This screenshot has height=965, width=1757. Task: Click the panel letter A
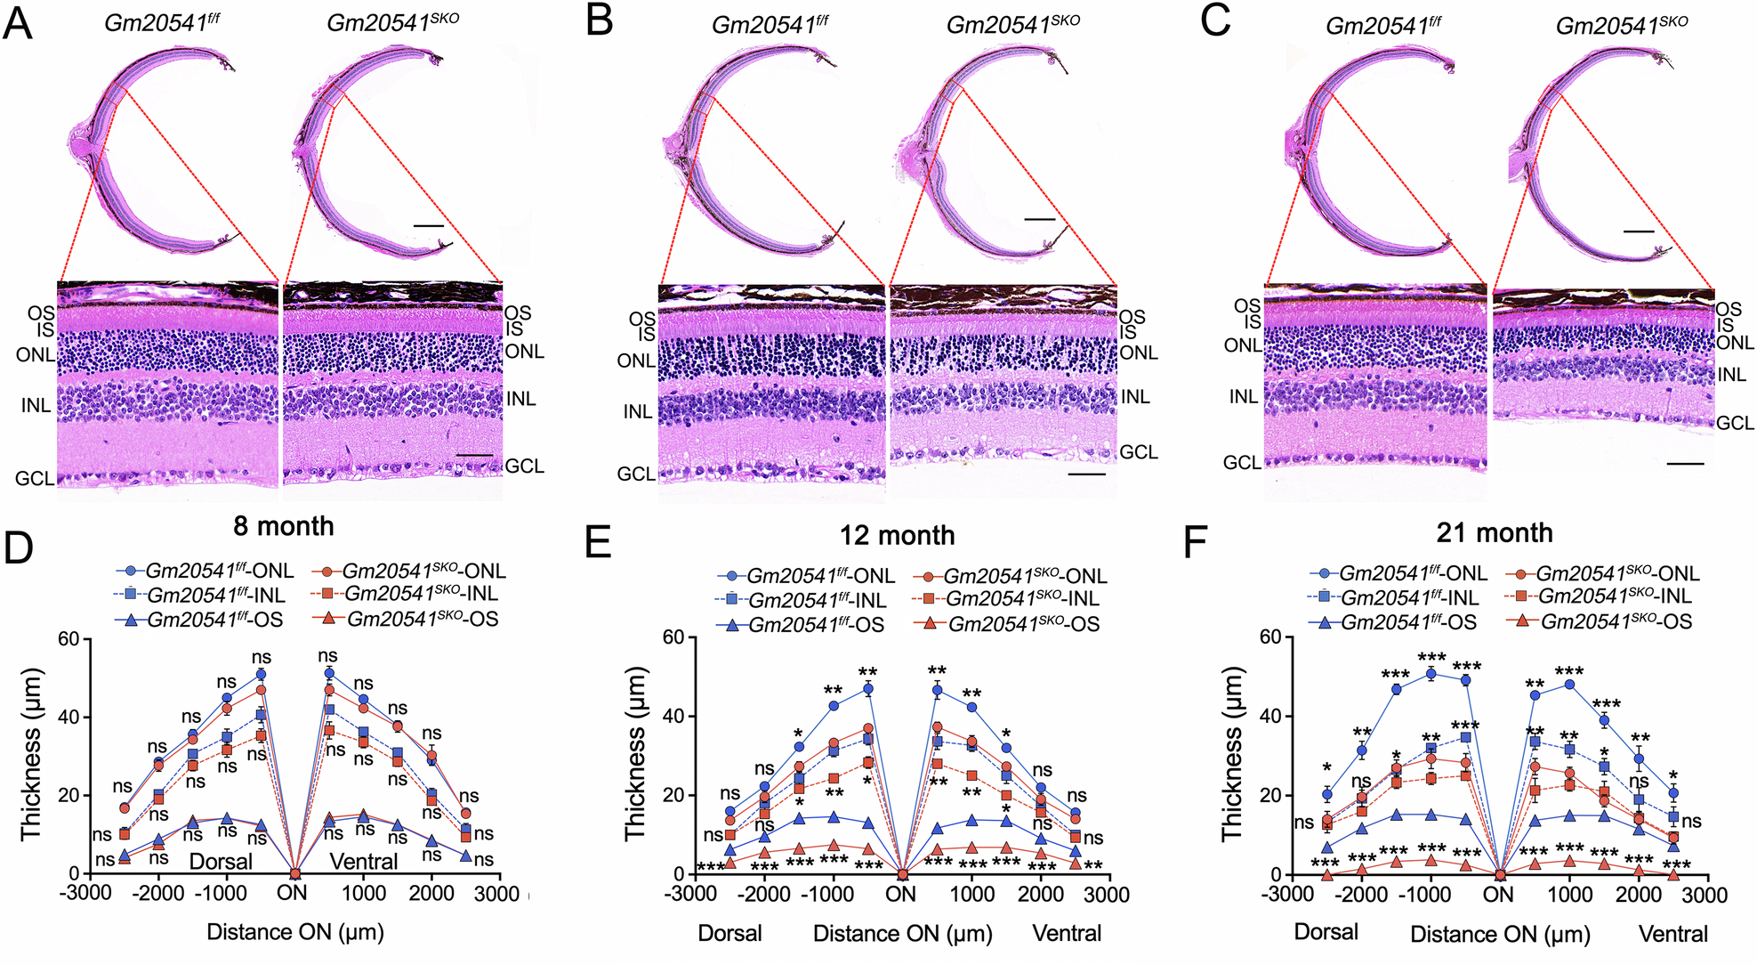click(x=18, y=23)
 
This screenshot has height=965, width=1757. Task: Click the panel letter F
click(x=1197, y=543)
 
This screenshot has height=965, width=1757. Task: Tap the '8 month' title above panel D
click(x=283, y=526)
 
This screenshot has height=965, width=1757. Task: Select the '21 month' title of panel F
click(x=1494, y=532)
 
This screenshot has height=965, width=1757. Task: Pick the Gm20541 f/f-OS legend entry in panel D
click(x=200, y=620)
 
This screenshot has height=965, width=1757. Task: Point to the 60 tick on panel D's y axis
click(x=69, y=638)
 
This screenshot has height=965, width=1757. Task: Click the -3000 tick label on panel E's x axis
click(x=692, y=893)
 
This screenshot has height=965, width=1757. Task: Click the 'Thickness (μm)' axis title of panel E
click(x=634, y=755)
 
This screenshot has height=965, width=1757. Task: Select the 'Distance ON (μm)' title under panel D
click(x=295, y=932)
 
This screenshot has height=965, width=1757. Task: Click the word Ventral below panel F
click(x=1673, y=934)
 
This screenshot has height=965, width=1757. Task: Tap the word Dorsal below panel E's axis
click(x=729, y=933)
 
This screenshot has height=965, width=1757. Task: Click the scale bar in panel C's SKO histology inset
click(x=1685, y=464)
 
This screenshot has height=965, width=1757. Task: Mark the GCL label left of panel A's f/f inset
click(x=34, y=479)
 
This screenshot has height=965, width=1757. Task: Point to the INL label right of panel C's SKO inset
click(x=1731, y=376)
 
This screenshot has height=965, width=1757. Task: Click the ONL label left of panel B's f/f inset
click(x=635, y=361)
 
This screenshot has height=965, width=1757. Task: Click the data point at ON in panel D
click(x=295, y=873)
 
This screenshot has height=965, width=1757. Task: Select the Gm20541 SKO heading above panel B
click(x=1012, y=25)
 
